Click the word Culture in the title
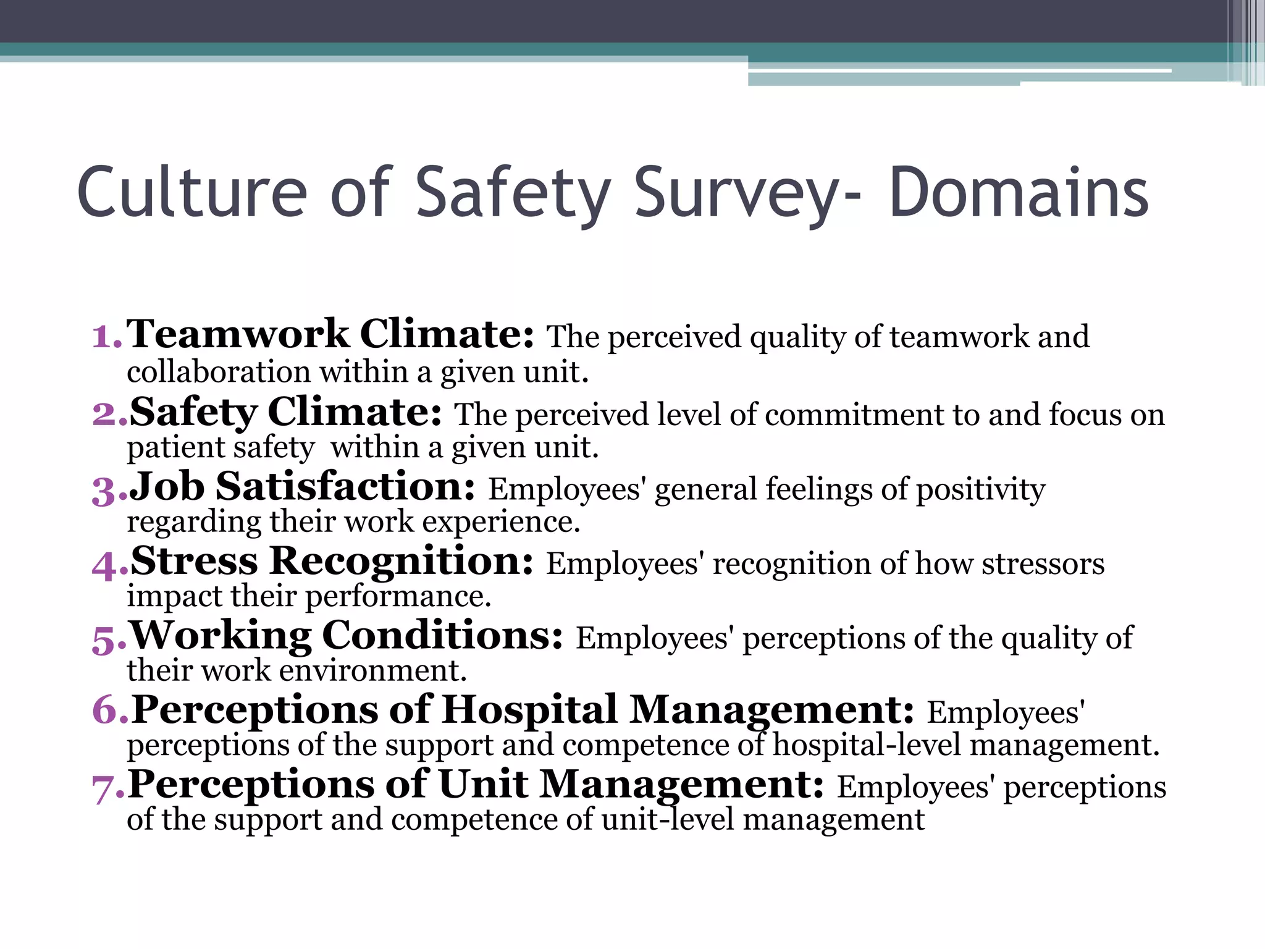(191, 193)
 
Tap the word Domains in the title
(1019, 193)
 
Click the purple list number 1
(105, 337)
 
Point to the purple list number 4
(107, 565)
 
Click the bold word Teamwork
(238, 334)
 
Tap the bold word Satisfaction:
(345, 487)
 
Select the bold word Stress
(194, 562)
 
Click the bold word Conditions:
(442, 636)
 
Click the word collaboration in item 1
(219, 373)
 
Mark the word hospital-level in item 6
(867, 745)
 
